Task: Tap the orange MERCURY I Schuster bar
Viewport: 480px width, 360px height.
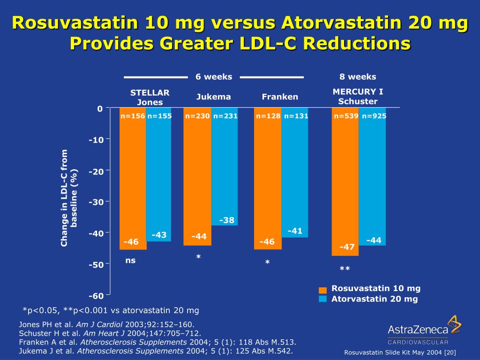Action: tap(345, 183)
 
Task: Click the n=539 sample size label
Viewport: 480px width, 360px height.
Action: tap(346, 116)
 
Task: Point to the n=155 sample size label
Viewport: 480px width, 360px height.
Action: tap(159, 116)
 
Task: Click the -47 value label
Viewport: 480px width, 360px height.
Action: tap(347, 247)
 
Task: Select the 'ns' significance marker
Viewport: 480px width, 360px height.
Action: tap(130, 261)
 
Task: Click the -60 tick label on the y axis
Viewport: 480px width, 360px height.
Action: tap(97, 295)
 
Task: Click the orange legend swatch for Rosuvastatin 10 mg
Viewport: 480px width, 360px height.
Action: tap(322, 290)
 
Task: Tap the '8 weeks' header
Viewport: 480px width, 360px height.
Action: tap(358, 77)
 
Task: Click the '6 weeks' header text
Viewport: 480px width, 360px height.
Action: tap(214, 77)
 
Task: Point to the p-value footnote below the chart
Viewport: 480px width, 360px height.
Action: tap(111, 310)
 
